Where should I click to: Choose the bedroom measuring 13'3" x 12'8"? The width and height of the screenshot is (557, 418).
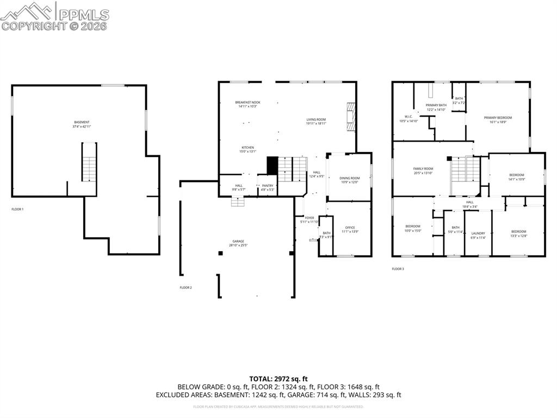tap(518, 233)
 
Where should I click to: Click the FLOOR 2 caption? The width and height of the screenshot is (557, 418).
tap(185, 287)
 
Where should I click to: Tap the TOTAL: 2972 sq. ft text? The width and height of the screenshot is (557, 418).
tap(278, 379)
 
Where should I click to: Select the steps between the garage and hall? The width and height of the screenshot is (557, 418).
tap(238, 202)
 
